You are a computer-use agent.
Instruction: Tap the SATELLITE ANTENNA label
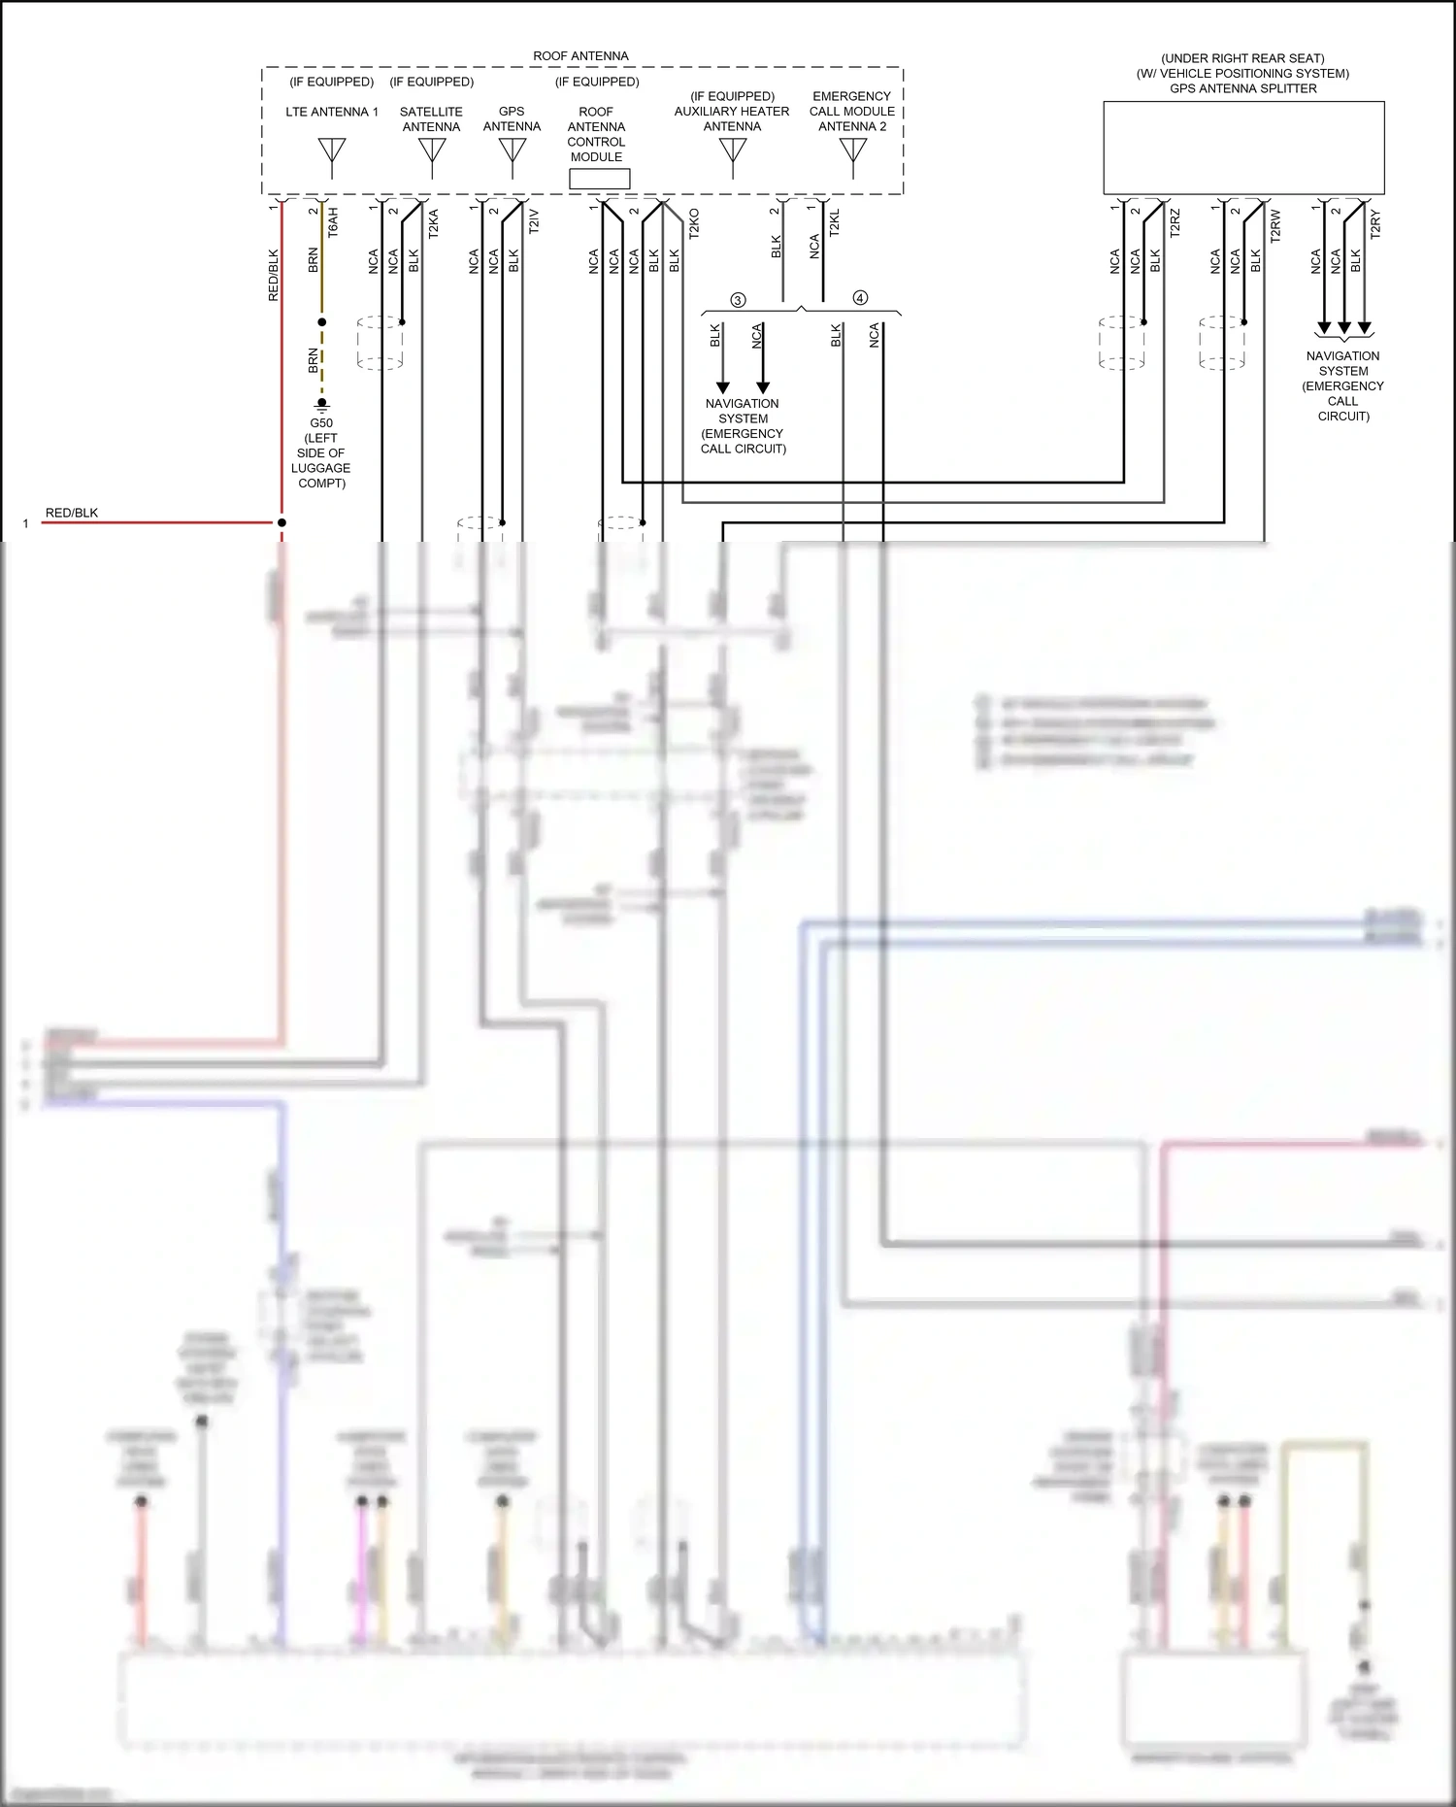(431, 119)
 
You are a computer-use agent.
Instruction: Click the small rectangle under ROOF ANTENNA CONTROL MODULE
(599, 179)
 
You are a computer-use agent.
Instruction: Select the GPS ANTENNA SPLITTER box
(1243, 148)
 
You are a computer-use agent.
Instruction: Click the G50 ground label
(321, 423)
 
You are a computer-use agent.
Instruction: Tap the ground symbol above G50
(321, 404)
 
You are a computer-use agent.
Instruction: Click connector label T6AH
(333, 222)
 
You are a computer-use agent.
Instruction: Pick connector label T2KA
(433, 223)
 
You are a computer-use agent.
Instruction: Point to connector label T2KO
(693, 223)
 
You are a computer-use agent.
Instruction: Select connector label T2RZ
(1175, 223)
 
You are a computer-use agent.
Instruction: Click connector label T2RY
(1374, 223)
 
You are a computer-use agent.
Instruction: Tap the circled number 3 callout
(738, 300)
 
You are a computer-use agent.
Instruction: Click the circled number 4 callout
(860, 298)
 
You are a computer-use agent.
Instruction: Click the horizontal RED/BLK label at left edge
(72, 513)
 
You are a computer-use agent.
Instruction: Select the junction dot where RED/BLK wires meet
(281, 522)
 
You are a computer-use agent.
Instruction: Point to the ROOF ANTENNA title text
(580, 56)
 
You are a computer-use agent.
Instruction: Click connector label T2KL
(834, 223)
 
